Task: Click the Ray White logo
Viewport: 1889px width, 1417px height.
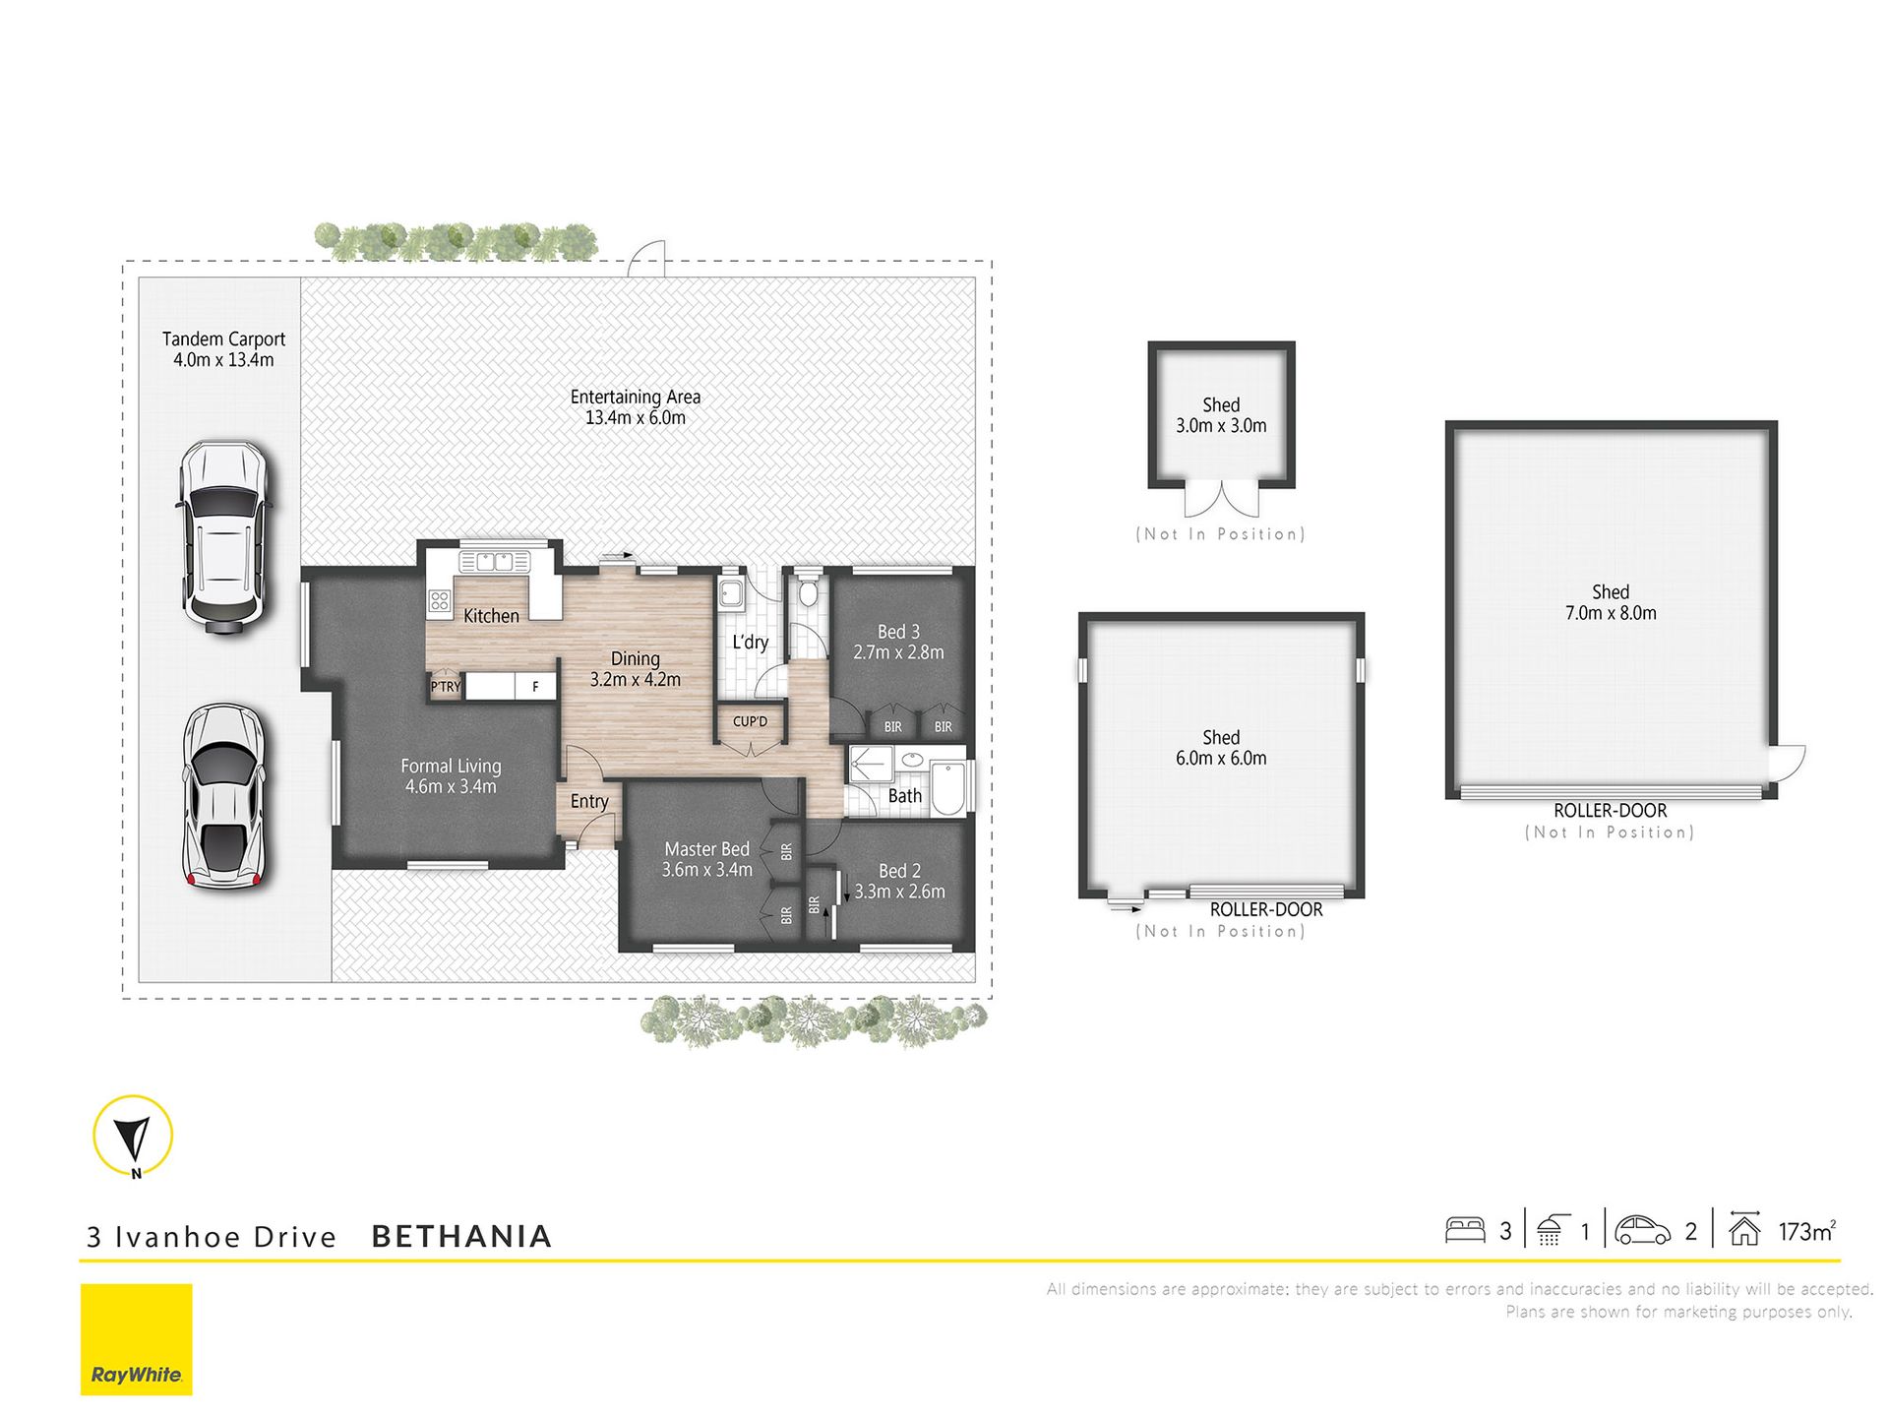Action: coord(136,1339)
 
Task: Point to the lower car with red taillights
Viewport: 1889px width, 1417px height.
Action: coord(225,796)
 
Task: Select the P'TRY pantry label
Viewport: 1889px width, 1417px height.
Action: coord(446,687)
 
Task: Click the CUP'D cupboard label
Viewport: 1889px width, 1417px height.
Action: coord(750,721)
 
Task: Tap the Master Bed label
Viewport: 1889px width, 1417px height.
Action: coord(706,848)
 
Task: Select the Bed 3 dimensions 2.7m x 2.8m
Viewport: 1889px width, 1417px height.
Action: coord(898,652)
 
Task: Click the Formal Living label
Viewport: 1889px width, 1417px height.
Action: coord(451,766)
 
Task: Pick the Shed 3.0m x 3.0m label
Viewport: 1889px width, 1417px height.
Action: coord(1221,415)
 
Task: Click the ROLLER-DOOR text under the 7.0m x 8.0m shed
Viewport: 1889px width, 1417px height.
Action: coord(1611,811)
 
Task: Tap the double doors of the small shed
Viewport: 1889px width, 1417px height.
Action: coord(1221,499)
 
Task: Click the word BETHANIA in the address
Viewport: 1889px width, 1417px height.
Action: coord(461,1236)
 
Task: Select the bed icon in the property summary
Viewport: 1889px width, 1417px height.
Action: coord(1464,1230)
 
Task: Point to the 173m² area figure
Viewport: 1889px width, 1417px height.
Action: coord(1807,1231)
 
